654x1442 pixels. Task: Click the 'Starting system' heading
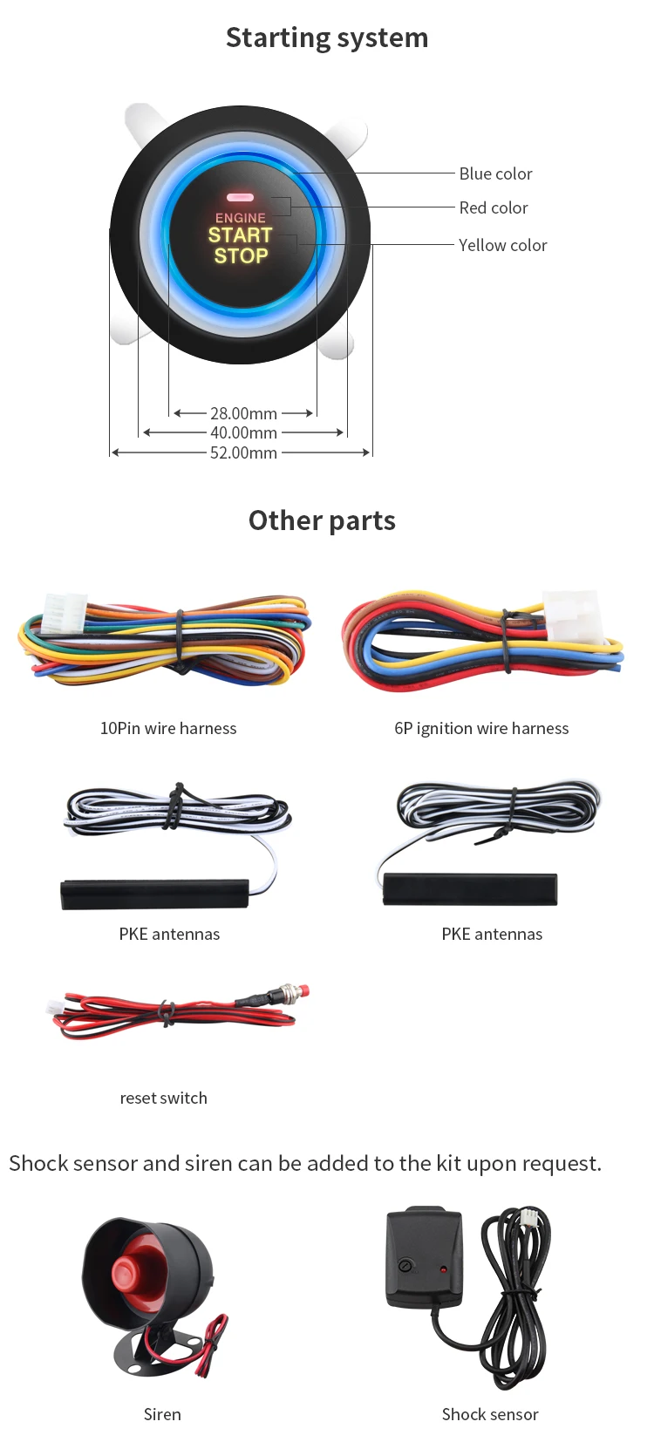[327, 38]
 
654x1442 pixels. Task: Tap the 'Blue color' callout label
[495, 173]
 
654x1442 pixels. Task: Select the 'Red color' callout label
[493, 208]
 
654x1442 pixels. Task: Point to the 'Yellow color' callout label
[503, 245]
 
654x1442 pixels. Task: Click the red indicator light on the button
[240, 198]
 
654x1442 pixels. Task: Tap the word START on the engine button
[240, 235]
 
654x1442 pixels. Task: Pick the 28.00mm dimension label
[243, 413]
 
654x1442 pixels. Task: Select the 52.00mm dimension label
[243, 453]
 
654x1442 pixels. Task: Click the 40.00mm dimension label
[243, 433]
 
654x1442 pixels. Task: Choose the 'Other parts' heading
[322, 520]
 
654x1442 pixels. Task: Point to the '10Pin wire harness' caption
[168, 728]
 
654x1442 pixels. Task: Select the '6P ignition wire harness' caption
[481, 728]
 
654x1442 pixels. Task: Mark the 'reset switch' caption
[164, 1098]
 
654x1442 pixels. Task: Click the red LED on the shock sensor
[443, 1270]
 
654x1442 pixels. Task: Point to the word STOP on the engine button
[241, 256]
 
